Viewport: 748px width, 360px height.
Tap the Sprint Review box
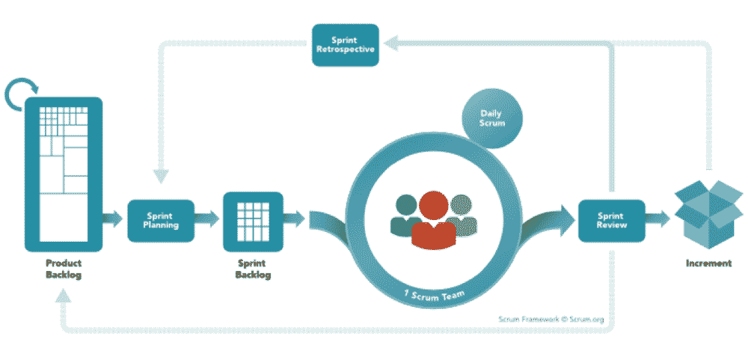611,220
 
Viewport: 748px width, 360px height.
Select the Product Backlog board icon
64,174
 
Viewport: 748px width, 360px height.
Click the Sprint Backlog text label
253,269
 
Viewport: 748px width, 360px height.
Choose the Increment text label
708,263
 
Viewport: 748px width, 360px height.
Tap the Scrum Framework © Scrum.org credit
551,319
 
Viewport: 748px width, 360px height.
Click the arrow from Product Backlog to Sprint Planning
112,219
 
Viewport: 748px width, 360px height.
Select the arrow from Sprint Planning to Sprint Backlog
209,219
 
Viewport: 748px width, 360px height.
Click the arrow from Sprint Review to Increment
657,219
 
